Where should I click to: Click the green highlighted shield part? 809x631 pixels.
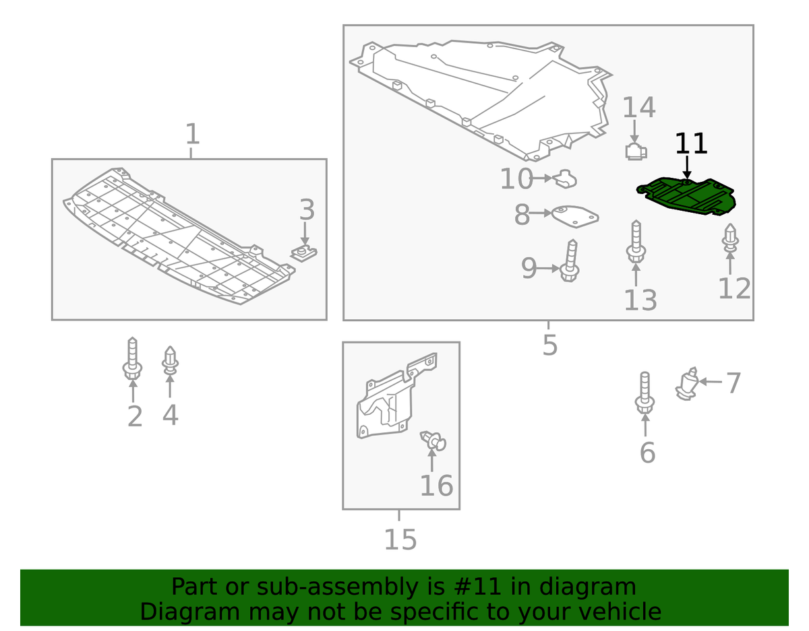pyautogui.click(x=688, y=197)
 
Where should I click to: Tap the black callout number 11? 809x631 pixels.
pyautogui.click(x=691, y=144)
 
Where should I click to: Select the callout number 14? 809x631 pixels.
pyautogui.click(x=638, y=108)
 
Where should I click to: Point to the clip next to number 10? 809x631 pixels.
pyautogui.click(x=566, y=180)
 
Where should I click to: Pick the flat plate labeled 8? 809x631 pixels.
pyautogui.click(x=574, y=215)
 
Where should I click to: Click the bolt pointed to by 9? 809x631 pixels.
pyautogui.click(x=570, y=262)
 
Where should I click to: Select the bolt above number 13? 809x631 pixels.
pyautogui.click(x=636, y=243)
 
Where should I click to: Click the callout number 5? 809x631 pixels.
pyautogui.click(x=549, y=345)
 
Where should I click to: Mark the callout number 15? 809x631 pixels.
pyautogui.click(x=400, y=539)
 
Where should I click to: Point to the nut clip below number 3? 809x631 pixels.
pyautogui.click(x=305, y=253)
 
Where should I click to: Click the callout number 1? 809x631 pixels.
pyautogui.click(x=192, y=134)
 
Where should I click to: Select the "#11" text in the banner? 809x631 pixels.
pyautogui.click(x=477, y=587)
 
